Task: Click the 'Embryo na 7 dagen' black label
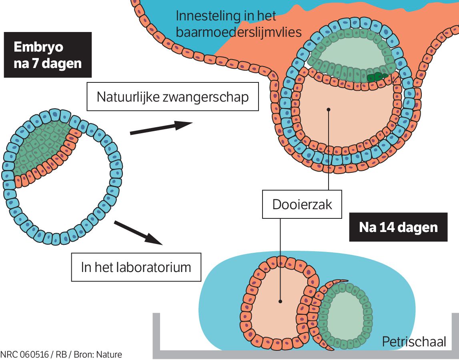point(48,55)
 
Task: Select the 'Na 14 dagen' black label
point(398,227)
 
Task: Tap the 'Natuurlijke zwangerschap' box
point(172,97)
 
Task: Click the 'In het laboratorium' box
point(136,267)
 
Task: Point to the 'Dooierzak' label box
point(302,204)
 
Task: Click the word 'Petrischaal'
point(413,342)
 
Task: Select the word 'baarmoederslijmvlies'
point(239,32)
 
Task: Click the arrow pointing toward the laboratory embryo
point(138,232)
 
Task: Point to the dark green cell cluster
point(377,77)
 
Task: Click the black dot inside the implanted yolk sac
point(328,108)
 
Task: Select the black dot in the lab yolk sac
point(280,301)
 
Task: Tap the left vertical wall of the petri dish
point(156,334)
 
